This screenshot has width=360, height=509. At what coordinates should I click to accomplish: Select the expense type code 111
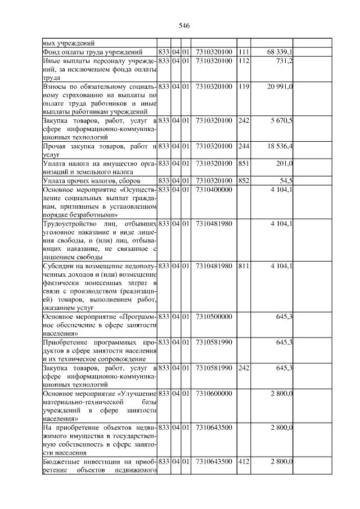pyautogui.click(x=243, y=52)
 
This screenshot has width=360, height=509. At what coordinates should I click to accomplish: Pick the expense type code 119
pyautogui.click(x=243, y=86)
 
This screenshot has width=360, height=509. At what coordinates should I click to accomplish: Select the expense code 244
pyautogui.click(x=243, y=146)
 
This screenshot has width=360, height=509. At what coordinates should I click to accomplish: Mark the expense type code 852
pyautogui.click(x=243, y=181)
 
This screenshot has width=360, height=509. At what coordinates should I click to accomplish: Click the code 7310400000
pyautogui.click(x=214, y=190)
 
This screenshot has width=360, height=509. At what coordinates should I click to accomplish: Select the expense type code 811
pyautogui.click(x=243, y=266)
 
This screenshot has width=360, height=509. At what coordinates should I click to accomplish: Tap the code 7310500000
pyautogui.click(x=214, y=317)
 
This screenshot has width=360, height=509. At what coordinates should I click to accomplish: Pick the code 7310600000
pyautogui.click(x=214, y=394)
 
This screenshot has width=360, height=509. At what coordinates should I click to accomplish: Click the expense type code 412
pyautogui.click(x=243, y=462)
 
